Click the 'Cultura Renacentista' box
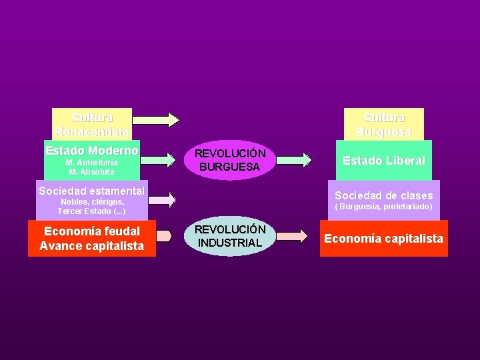click(92, 124)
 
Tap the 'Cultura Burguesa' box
click(383, 124)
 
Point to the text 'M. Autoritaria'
click(92, 162)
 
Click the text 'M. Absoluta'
click(92, 171)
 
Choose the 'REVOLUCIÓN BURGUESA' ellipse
click(230, 160)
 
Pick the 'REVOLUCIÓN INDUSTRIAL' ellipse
click(230, 236)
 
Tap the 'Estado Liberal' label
click(383, 161)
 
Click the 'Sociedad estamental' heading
click(91, 191)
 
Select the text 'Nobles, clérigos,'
click(92, 202)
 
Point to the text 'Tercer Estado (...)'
click(92, 211)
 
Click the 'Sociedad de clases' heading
click(383, 195)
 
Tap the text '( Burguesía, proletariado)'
click(383, 207)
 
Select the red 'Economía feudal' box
click(91, 231)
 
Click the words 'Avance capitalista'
click(91, 246)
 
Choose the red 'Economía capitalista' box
click(383, 239)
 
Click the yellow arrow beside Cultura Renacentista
click(156, 119)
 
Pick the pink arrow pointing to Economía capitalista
click(291, 236)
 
